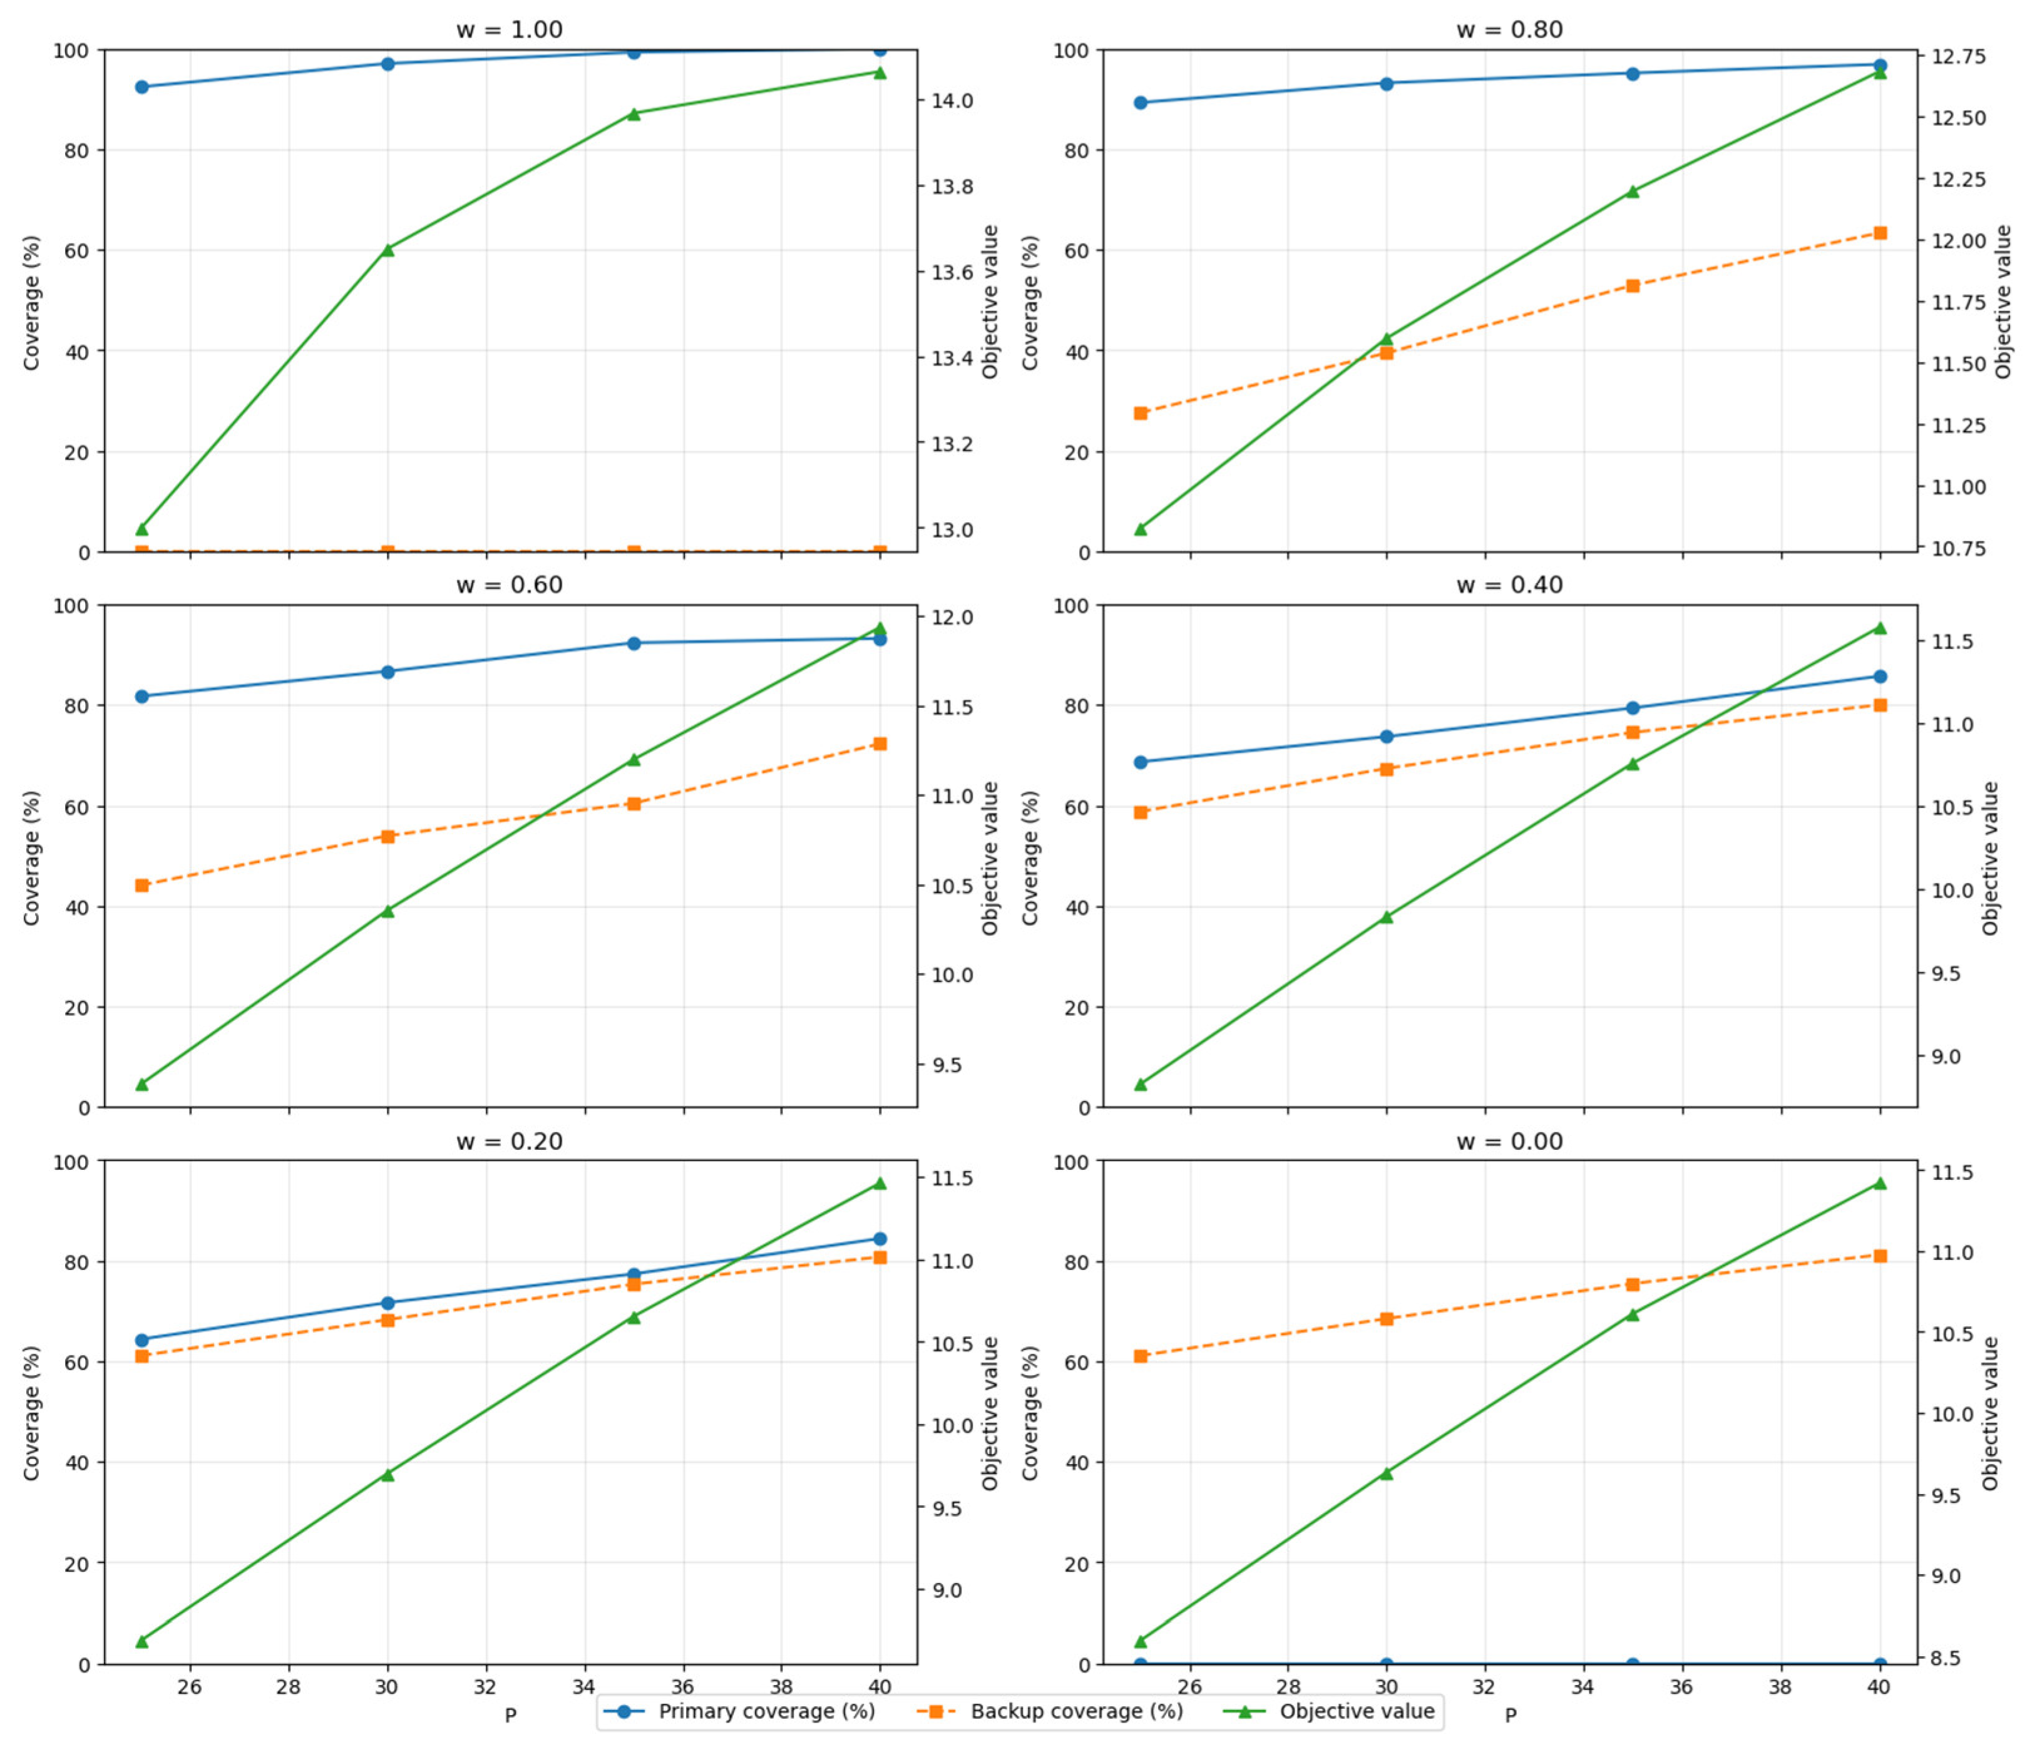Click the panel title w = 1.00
pos(509,30)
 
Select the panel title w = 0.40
pos(1509,585)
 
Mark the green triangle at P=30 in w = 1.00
pos(387,249)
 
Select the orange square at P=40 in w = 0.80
pos(1879,233)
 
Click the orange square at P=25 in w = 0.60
pos(142,885)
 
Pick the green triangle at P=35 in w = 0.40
pos(1633,763)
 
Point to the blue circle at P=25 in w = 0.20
pos(142,1340)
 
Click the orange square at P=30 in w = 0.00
pos(1386,1318)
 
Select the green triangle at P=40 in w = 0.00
pos(1879,1182)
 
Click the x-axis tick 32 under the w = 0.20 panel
pos(486,1686)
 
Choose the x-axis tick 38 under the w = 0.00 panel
pos(1780,1686)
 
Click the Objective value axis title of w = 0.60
pos(990,857)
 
